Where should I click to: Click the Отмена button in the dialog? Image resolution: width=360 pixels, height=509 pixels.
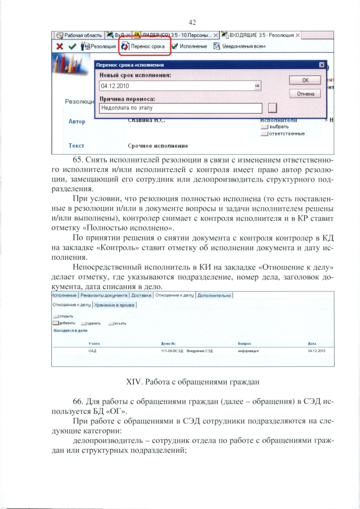coord(304,94)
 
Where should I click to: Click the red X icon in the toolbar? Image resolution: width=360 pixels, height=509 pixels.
coord(59,46)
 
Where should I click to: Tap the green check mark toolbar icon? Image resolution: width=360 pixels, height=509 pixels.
coord(71,46)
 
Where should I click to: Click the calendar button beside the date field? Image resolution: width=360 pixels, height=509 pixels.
coord(257,86)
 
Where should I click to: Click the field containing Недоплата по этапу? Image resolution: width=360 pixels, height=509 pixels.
coord(180,107)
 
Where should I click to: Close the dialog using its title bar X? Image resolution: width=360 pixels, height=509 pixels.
coord(321,65)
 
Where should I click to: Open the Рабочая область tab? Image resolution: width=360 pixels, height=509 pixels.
coord(79,35)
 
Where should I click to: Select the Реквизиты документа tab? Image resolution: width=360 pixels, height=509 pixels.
coord(104,295)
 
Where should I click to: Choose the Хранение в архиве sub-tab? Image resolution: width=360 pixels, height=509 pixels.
coord(115,305)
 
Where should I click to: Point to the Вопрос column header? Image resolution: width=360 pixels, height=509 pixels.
coord(244,343)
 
